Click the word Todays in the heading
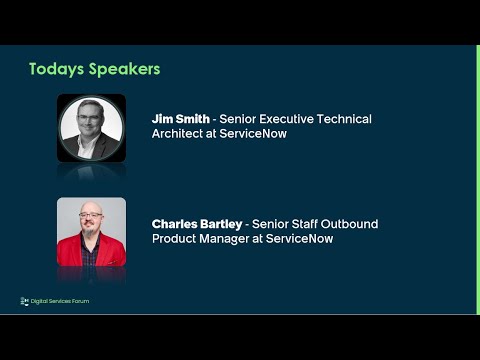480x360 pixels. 56,69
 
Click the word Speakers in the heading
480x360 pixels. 123,69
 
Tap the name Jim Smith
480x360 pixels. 181,119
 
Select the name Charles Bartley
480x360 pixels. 199,224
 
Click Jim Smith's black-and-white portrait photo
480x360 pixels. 91,127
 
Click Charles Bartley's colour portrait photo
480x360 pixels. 91,232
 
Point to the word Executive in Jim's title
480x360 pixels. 290,119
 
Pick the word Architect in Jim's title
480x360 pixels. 179,134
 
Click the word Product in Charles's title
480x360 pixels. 176,239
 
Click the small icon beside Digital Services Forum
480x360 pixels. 24,300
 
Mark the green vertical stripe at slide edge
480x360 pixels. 477,180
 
